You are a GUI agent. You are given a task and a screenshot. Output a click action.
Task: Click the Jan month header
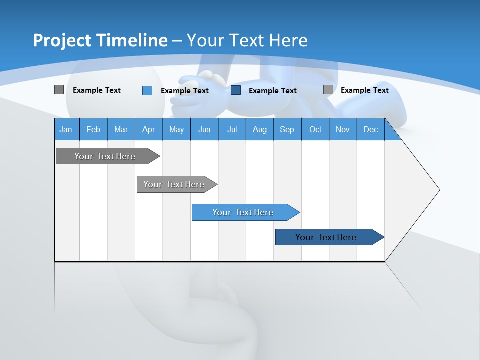tap(66, 130)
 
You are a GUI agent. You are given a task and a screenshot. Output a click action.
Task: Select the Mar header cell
tap(121, 130)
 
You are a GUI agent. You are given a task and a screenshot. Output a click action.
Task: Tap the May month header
tap(176, 130)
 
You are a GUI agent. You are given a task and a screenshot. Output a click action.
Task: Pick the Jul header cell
tap(232, 130)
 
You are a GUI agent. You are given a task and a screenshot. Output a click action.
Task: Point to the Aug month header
tap(259, 130)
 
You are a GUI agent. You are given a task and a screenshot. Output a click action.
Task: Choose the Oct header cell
tap(315, 130)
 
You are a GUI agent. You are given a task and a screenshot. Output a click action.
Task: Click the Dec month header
tap(370, 130)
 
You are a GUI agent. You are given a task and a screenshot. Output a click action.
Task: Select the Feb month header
tap(93, 130)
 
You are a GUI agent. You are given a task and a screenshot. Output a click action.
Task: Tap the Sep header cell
tap(287, 130)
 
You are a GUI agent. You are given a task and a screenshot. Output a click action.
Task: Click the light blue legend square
tap(147, 90)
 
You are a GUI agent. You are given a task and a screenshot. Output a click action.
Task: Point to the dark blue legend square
tap(236, 90)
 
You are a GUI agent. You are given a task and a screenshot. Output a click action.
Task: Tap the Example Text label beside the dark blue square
tap(272, 91)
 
